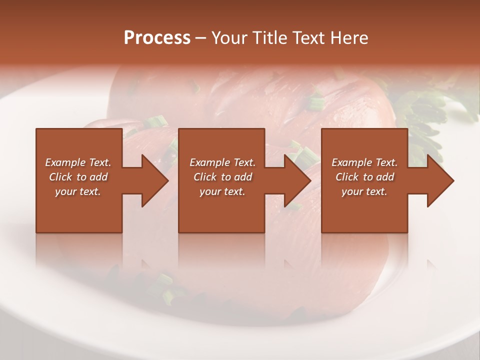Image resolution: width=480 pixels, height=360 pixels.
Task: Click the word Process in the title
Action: [157, 38]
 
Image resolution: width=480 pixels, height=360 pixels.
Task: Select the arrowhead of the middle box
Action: [297, 180]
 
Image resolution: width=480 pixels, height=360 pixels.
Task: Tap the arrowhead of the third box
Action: [440, 180]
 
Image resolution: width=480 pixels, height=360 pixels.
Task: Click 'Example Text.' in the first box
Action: [78, 162]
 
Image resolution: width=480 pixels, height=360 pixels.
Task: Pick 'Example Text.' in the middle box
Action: [222, 162]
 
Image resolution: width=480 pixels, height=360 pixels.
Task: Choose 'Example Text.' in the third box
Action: [364, 162]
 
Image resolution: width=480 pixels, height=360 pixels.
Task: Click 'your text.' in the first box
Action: [78, 191]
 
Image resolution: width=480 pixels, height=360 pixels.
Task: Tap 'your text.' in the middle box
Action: [222, 191]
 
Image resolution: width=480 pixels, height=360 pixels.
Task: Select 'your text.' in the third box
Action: [364, 191]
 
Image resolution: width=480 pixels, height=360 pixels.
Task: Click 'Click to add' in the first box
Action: [78, 177]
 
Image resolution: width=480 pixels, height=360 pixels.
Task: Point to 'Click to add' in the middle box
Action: [222, 177]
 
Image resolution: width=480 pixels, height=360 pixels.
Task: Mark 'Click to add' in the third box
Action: [364, 177]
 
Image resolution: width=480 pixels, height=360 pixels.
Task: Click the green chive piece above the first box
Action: [155, 121]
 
